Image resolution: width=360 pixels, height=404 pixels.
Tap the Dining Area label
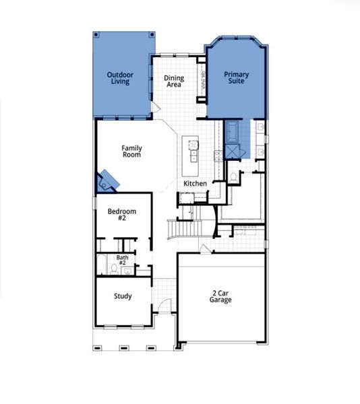174,81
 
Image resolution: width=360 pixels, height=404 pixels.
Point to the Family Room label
131,151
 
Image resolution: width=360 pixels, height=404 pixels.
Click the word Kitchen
195,184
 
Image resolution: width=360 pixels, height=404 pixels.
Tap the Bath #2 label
122,260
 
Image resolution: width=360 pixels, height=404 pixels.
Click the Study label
123,296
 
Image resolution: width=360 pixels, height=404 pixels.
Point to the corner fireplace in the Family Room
107,180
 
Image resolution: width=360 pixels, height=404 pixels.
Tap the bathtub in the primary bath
233,130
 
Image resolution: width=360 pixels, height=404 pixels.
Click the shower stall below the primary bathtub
233,151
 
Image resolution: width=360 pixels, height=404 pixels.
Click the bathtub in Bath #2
100,264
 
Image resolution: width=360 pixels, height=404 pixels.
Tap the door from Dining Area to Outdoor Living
155,108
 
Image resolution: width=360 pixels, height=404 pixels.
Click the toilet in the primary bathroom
233,176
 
